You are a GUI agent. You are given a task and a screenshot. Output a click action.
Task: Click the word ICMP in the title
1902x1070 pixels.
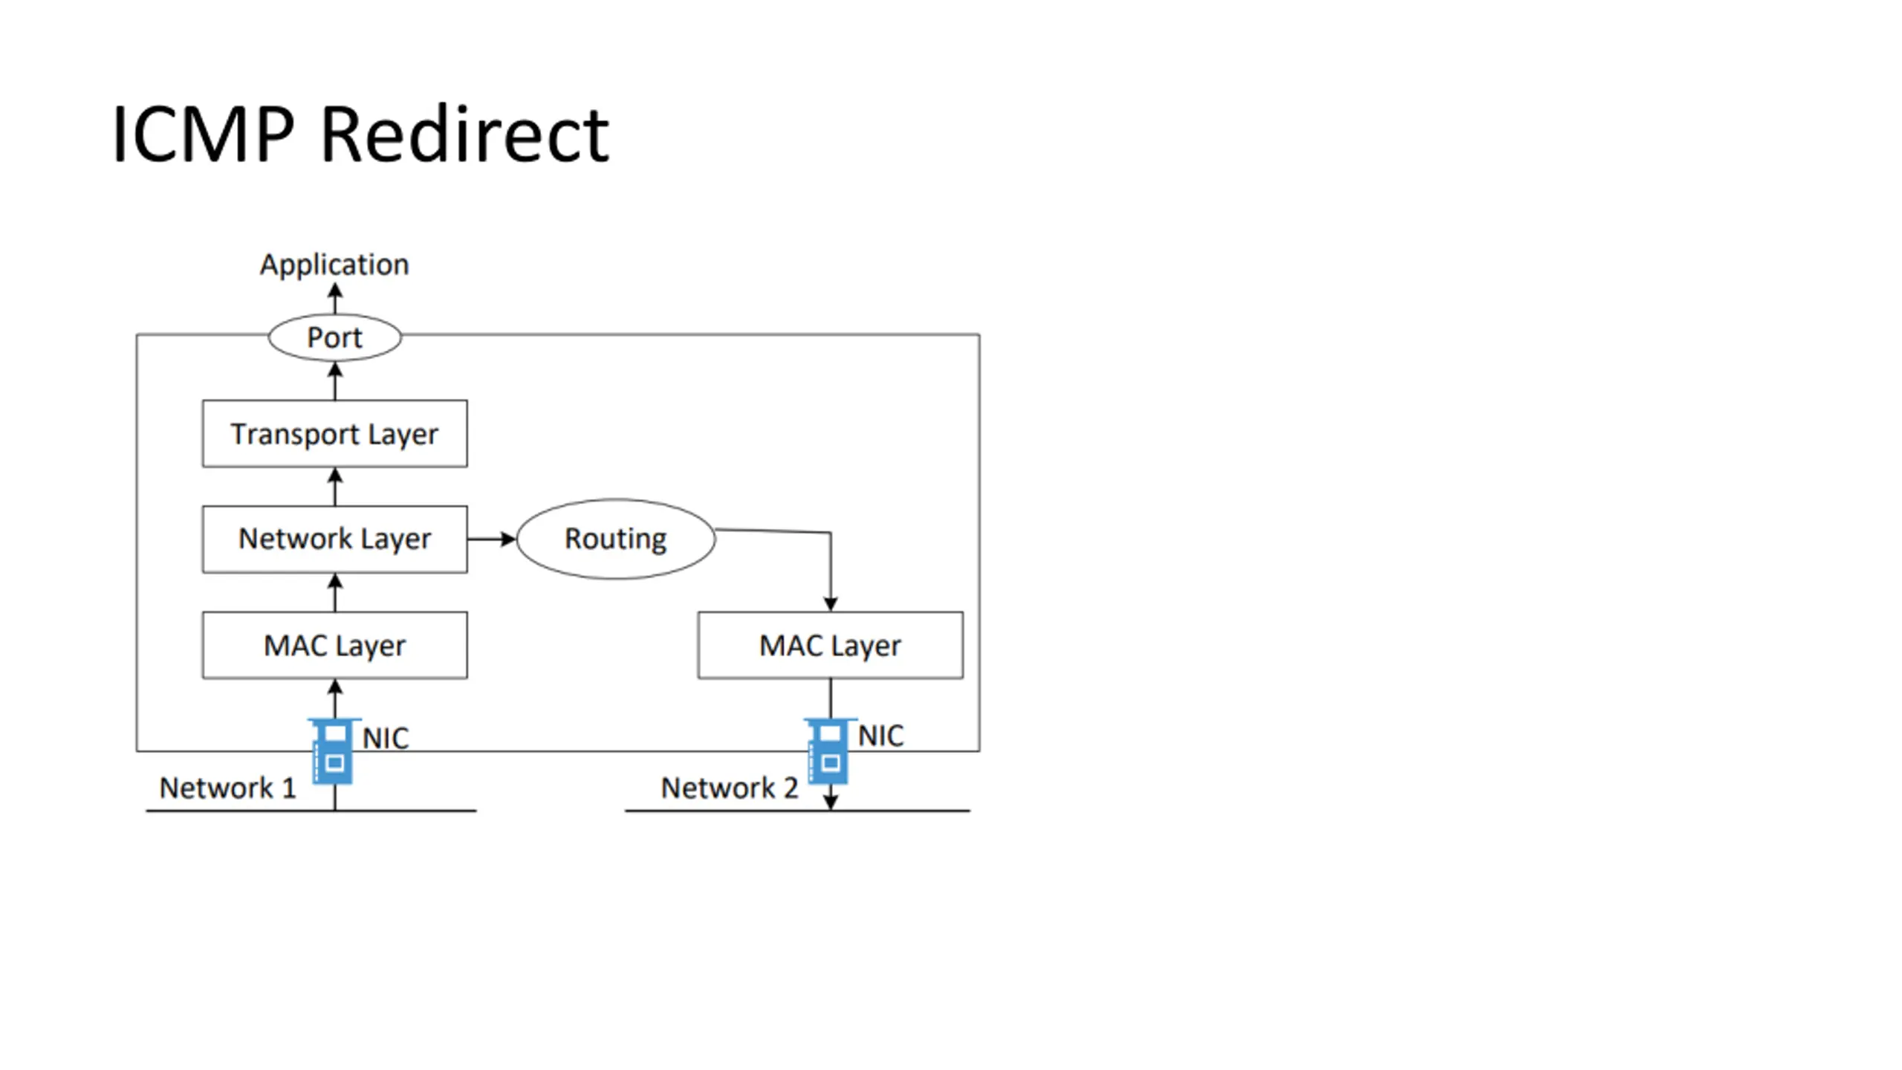204,134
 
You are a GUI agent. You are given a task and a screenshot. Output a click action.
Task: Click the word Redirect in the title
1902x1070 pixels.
465,134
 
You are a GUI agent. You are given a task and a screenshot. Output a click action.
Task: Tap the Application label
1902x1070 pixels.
334,265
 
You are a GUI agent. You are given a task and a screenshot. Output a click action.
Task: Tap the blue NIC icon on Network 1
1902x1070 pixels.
333,750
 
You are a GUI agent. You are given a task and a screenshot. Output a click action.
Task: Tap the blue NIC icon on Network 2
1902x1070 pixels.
828,750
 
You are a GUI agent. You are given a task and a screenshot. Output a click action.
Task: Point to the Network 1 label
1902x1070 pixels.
228,788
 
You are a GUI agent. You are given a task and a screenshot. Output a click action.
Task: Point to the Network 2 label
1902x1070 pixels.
730,788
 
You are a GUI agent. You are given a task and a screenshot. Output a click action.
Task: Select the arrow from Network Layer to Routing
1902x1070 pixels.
492,539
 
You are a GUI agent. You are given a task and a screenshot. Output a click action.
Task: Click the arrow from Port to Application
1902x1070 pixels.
335,299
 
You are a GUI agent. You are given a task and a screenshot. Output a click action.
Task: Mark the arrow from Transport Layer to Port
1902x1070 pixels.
335,381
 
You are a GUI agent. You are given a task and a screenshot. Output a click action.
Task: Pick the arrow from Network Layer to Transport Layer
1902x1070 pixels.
335,487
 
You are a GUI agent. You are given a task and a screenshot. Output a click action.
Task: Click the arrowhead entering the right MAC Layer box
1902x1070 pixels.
831,603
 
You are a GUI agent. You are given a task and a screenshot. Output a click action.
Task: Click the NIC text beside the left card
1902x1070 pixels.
386,739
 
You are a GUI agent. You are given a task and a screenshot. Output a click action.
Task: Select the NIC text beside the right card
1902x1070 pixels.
881,736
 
